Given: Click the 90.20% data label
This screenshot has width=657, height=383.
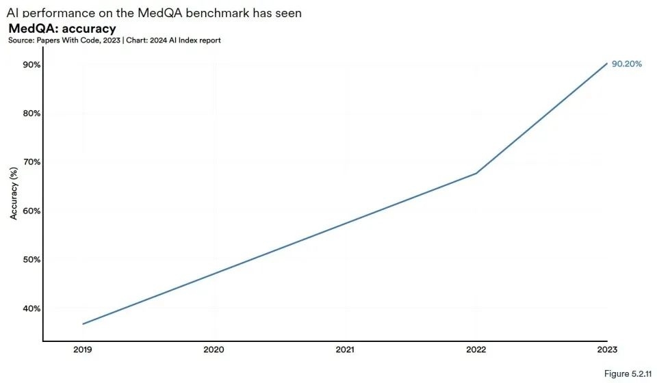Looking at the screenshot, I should [x=626, y=64].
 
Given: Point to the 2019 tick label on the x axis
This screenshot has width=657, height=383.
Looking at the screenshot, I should [x=83, y=349].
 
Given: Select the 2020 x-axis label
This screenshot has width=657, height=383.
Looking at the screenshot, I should [x=214, y=349].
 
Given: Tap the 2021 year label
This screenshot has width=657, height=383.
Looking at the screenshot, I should [x=345, y=349].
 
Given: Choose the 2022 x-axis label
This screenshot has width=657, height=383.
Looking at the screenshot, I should [x=476, y=349].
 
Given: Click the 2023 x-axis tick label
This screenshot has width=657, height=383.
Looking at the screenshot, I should [x=606, y=349].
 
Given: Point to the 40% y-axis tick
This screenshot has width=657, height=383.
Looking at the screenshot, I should [x=31, y=308].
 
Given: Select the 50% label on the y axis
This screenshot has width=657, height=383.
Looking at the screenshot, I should [x=31, y=260].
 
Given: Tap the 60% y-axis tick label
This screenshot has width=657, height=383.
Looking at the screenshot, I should [x=31, y=211].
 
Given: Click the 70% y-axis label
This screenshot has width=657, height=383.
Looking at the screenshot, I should [x=31, y=162].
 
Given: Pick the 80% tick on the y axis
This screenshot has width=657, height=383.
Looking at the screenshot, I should [x=31, y=114].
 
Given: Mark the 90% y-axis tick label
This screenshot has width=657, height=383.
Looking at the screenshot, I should [x=31, y=65].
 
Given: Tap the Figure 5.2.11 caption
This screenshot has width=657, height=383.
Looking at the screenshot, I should [x=626, y=373].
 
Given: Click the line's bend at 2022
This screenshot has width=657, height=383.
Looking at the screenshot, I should [x=476, y=173].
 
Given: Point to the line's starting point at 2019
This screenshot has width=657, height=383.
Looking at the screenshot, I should [x=83, y=323].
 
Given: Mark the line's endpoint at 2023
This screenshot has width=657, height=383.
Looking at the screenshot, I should [x=606, y=64].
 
